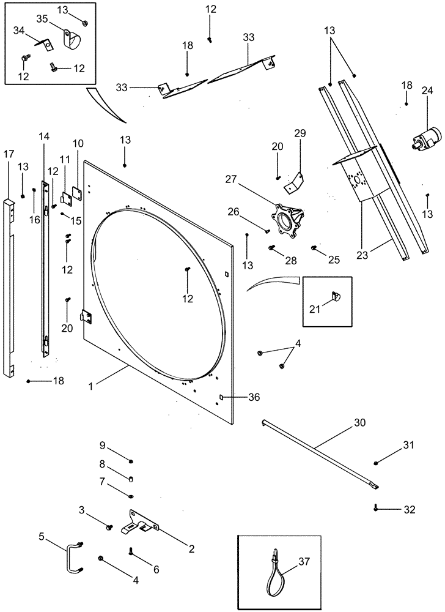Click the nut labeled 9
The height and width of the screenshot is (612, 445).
[x=131, y=460]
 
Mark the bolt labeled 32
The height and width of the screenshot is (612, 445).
[x=376, y=507]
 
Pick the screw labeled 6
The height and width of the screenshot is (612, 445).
[x=131, y=551]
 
